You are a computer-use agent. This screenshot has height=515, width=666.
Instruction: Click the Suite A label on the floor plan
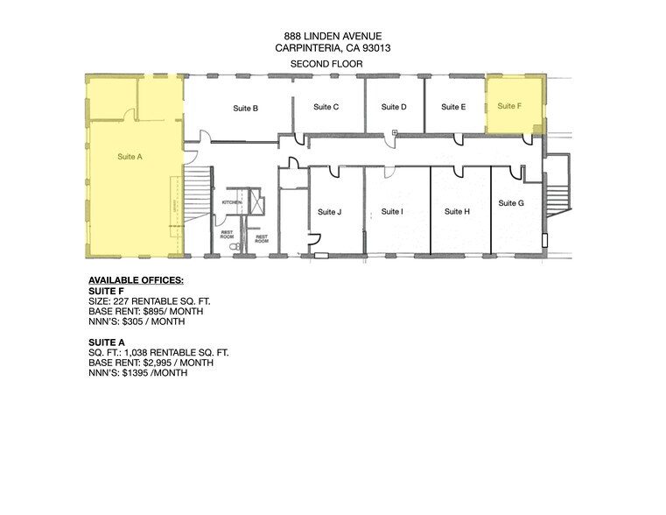coord(130,156)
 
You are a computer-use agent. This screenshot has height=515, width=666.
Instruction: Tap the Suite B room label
coord(245,109)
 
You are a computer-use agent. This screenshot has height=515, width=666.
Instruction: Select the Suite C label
coord(326,107)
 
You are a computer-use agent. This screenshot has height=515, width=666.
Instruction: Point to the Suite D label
coord(394,107)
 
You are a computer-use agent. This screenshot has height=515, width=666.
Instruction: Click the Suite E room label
coord(452,107)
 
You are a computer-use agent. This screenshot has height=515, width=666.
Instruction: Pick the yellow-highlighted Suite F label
coord(508,106)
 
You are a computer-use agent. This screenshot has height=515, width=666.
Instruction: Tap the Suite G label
coord(511,203)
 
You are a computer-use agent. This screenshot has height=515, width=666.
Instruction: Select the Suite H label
coord(457,211)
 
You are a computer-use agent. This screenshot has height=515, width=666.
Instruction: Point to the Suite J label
coord(329,211)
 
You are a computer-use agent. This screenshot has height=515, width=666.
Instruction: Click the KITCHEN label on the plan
coord(231,201)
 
